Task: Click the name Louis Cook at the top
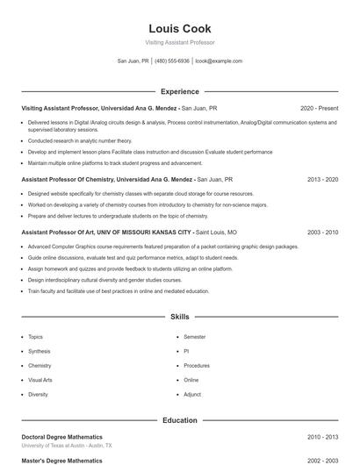(179, 28)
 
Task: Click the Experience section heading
(179, 91)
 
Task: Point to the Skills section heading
(179, 316)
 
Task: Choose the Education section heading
(179, 420)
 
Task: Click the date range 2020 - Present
(319, 108)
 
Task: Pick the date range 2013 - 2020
(322, 179)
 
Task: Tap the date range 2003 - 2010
(322, 232)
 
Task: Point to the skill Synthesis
(40, 351)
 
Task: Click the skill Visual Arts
(40, 380)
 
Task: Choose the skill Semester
(194, 337)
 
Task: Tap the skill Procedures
(197, 366)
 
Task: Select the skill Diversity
(38, 395)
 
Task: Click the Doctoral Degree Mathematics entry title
(61, 437)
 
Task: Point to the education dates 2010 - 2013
(322, 437)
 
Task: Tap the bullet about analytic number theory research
(80, 140)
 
